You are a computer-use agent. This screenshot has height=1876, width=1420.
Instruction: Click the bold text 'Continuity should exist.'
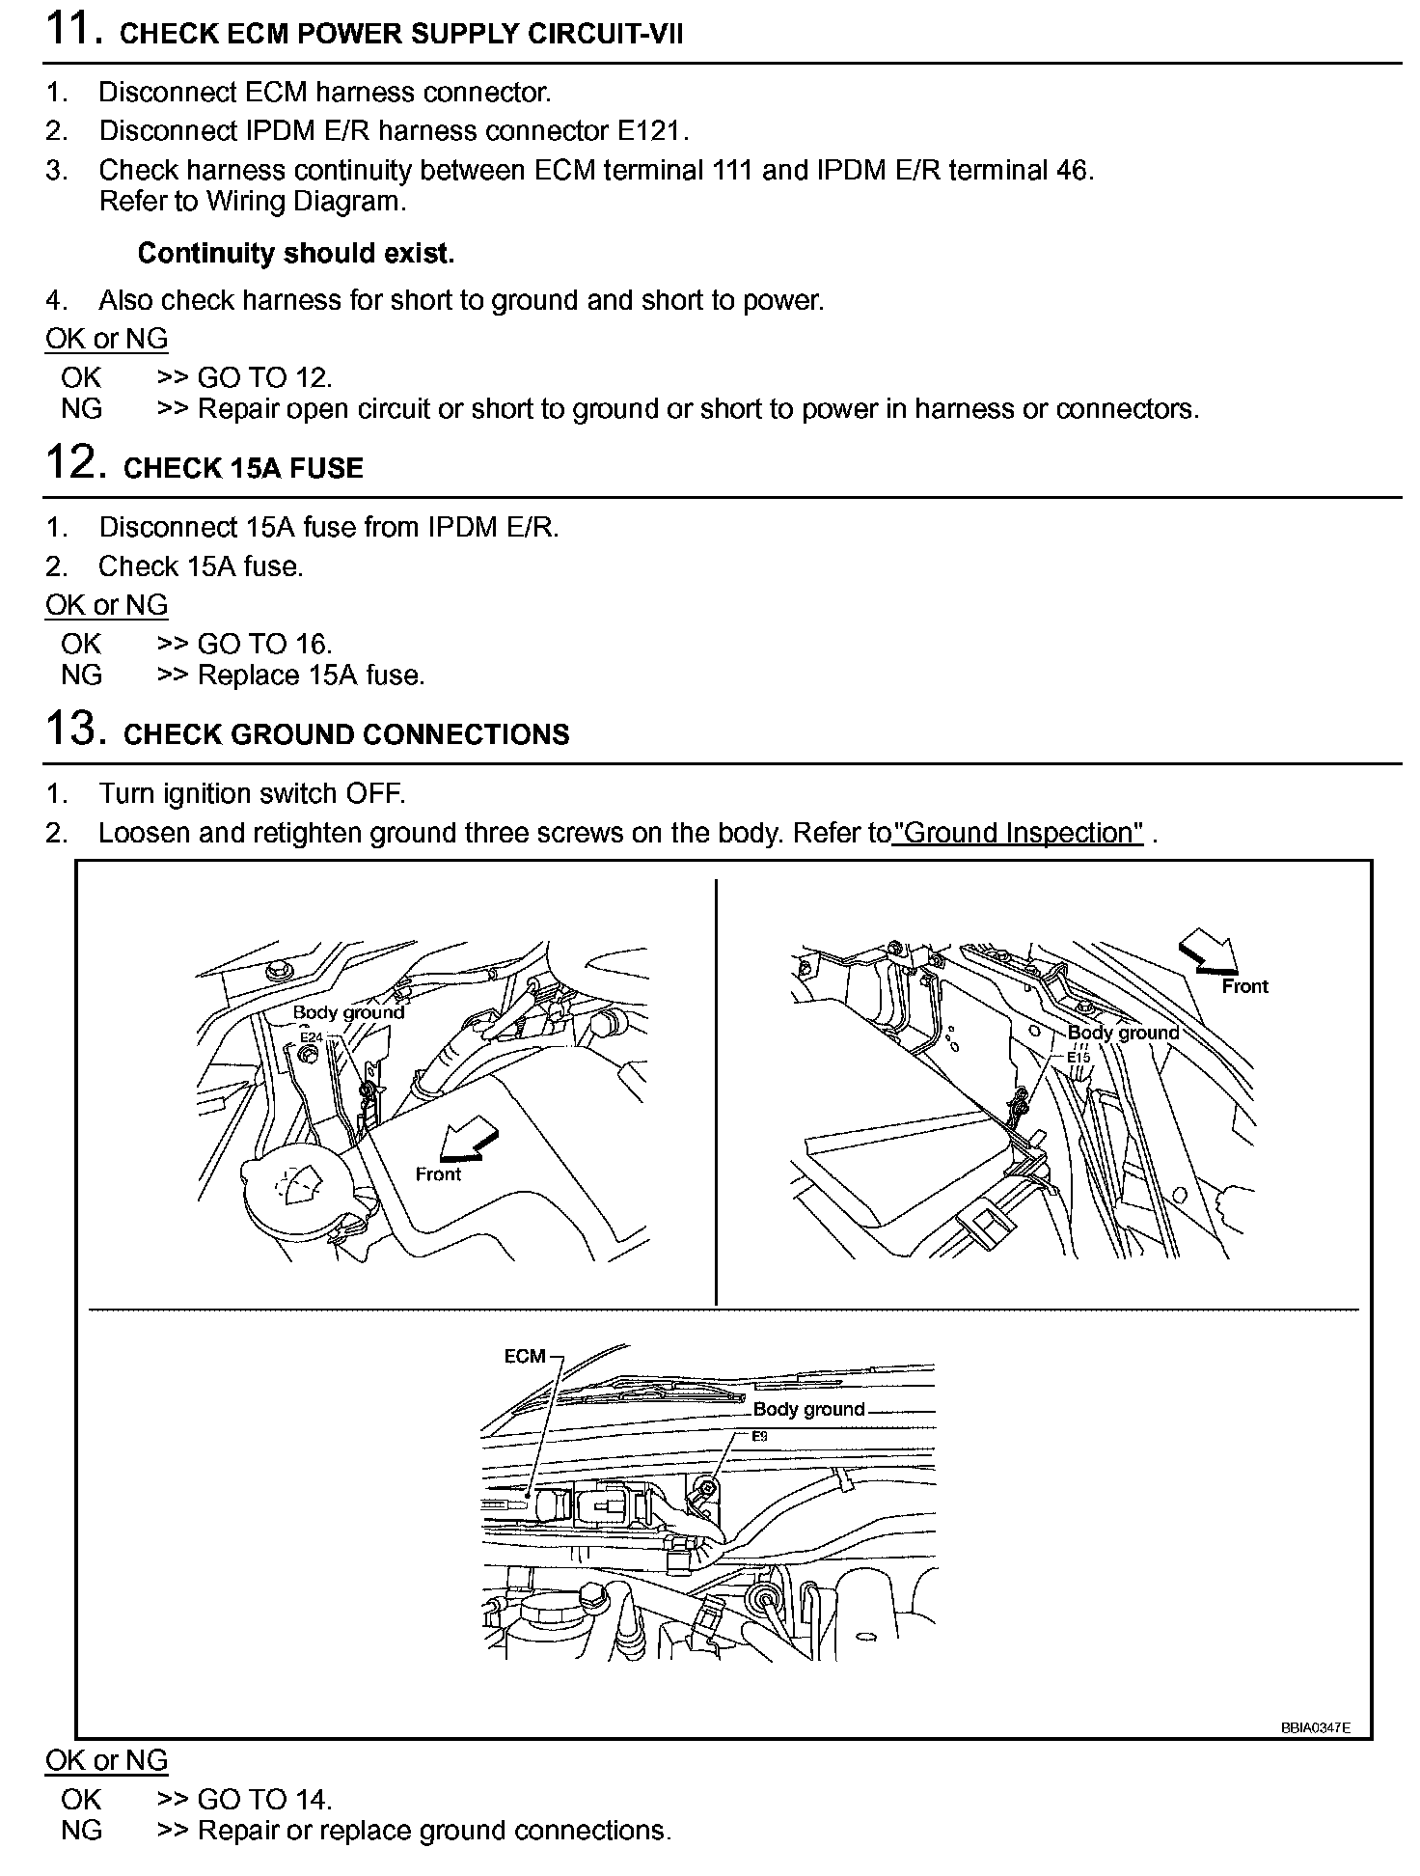[x=295, y=253]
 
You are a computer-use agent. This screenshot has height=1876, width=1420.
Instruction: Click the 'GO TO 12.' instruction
[x=264, y=377]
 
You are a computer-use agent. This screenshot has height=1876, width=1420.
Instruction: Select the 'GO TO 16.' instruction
[x=264, y=644]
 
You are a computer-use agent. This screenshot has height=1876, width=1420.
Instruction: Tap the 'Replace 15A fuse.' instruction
[x=311, y=675]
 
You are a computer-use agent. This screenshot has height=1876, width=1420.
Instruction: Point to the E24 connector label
[x=310, y=1037]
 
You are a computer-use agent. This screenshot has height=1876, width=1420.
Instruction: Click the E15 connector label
[x=1078, y=1057]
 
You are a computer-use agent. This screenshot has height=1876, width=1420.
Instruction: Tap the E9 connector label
[x=759, y=1436]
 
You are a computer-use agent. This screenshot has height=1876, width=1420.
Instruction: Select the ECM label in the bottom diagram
[x=525, y=1356]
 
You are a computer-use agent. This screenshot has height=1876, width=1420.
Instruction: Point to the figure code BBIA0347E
[x=1315, y=1727]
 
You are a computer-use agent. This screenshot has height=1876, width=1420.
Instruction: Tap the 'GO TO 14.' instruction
[x=264, y=1799]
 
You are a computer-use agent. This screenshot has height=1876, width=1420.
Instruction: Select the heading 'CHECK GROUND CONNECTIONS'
[x=346, y=734]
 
